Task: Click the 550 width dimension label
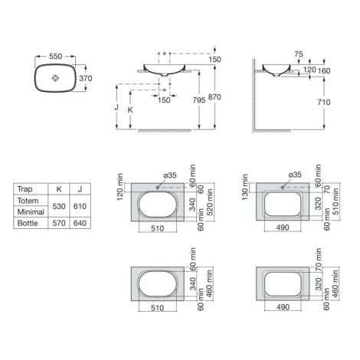55,56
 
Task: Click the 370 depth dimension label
85,78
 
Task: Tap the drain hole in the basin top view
55,78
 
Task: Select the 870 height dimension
214,97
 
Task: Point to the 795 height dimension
199,100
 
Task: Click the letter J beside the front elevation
116,107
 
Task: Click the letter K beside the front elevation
130,110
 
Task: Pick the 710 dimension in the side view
324,102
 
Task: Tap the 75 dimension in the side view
299,54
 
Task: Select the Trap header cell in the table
25,189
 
